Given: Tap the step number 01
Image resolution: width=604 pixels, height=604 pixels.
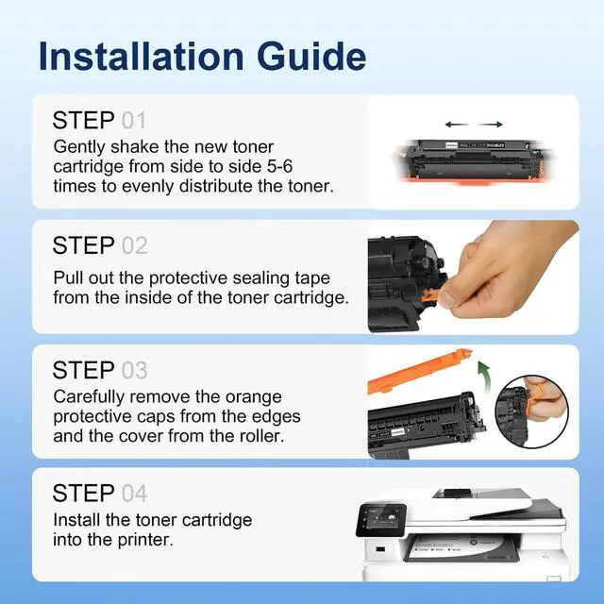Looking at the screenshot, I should coord(134,121).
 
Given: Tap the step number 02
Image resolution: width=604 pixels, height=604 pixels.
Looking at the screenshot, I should coord(134,245).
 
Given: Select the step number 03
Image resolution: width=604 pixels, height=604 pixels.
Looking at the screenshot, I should coord(134,369).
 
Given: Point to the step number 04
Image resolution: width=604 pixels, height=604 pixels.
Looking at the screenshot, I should coord(134,493).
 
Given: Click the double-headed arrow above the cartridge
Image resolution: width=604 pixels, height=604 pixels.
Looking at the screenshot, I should coord(472,124).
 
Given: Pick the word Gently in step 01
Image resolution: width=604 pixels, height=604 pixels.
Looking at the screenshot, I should coord(80,147).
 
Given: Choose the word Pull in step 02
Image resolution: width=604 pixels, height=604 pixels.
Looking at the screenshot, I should coord(68,277).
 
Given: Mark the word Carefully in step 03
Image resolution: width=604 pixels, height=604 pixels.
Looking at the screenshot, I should coord(90,397).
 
